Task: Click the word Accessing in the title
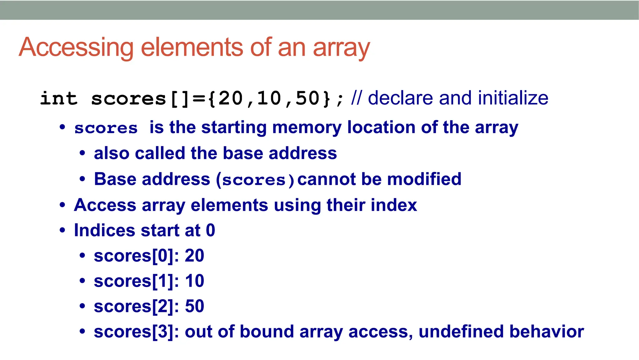tap(77, 47)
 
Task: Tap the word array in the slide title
tap(341, 47)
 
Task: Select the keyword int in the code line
tap(59, 99)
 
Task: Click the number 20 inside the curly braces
tap(231, 99)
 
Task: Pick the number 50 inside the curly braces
tap(308, 99)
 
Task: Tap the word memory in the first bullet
tap(307, 128)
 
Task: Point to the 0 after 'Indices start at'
tap(211, 231)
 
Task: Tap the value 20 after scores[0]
tap(194, 256)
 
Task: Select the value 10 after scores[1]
tap(194, 281)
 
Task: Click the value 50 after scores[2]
tap(194, 306)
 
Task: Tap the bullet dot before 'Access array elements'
tap(62, 205)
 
